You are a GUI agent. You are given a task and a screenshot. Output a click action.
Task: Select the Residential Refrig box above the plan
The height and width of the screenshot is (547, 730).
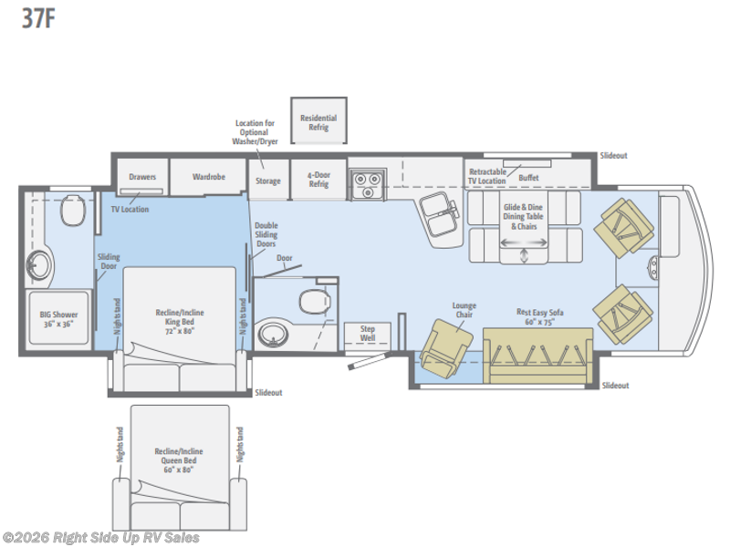pyautogui.click(x=318, y=123)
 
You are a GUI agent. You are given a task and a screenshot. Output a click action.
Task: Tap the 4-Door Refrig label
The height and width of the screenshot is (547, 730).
pyautogui.click(x=318, y=181)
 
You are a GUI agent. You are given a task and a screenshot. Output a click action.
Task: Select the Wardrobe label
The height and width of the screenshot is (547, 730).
pyautogui.click(x=209, y=177)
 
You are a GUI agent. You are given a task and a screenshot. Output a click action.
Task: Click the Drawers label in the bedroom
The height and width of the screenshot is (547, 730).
pyautogui.click(x=142, y=177)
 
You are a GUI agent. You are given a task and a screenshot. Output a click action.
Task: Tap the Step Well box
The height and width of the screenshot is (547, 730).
pyautogui.click(x=368, y=333)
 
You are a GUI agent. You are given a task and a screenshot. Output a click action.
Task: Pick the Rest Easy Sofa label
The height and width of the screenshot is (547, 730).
pyautogui.click(x=539, y=316)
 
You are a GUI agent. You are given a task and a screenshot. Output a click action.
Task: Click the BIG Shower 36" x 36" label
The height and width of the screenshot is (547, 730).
pyautogui.click(x=60, y=319)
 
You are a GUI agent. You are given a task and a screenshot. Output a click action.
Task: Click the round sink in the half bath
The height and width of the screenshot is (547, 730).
pyautogui.click(x=274, y=335)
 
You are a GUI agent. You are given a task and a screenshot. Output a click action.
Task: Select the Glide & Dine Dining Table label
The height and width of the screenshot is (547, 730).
pyautogui.click(x=525, y=216)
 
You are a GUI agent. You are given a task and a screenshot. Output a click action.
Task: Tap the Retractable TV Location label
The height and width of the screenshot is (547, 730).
pyautogui.click(x=487, y=176)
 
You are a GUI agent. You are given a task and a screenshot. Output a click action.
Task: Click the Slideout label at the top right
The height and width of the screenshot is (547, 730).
pyautogui.click(x=614, y=156)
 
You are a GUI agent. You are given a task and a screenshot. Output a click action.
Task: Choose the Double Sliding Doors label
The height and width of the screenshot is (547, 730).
pyautogui.click(x=266, y=235)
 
